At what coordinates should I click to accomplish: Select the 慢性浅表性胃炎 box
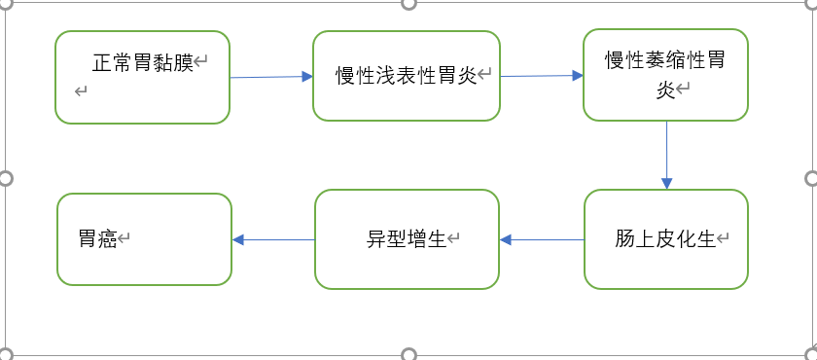tap(406, 76)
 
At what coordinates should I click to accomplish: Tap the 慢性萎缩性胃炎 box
tap(665, 74)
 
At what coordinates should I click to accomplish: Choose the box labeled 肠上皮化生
tap(665, 239)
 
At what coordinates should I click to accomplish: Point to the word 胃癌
tap(97, 239)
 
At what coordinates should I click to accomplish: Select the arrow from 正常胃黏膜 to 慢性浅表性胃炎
tap(270, 77)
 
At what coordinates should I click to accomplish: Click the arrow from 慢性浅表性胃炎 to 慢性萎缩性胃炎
tap(541, 76)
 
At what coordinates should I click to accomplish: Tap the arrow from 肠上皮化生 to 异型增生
tap(541, 240)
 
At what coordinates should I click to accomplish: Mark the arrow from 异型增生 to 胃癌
tap(273, 240)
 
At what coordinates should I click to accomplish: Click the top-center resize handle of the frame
tap(408, 4)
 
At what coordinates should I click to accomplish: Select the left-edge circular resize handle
tap(5, 178)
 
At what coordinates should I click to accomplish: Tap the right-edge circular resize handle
tap(812, 178)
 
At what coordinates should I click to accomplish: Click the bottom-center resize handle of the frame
tap(408, 354)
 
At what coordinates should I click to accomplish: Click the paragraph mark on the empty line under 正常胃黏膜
tap(81, 91)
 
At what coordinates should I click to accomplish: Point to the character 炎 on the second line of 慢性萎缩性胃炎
tap(665, 90)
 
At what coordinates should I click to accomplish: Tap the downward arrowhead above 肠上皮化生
tap(666, 182)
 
